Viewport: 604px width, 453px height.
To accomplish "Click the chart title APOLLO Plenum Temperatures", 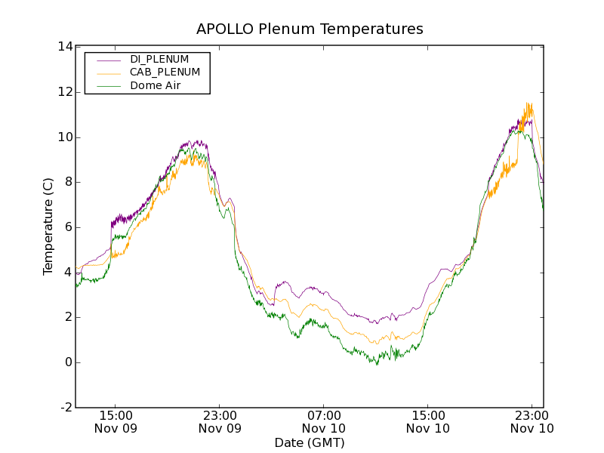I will tap(310, 29).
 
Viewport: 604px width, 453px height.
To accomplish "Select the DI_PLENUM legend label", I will tap(159, 59).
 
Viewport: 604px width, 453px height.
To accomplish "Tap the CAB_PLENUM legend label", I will tap(165, 72).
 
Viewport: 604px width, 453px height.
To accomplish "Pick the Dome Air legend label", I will tap(156, 86).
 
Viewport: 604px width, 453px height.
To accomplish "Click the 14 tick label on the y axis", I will tap(65, 47).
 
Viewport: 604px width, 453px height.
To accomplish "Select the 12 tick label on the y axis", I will tap(65, 92).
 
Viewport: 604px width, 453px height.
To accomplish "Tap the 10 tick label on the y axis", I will tap(65, 137).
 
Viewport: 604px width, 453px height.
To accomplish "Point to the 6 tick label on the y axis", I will tap(68, 227).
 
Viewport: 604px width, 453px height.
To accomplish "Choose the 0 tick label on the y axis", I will tap(68, 362).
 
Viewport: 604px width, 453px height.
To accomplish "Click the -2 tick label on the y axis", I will tap(66, 408).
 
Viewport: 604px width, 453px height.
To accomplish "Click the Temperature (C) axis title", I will tap(48, 226).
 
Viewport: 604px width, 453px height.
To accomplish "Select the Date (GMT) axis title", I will tap(310, 443).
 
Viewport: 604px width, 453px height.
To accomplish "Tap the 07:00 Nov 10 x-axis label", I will tap(324, 421).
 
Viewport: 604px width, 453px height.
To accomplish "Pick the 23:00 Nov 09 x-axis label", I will tap(220, 421).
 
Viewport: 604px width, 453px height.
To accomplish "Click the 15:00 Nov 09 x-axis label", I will tap(116, 421).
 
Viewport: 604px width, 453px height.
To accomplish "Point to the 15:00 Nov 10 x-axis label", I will tap(428, 421).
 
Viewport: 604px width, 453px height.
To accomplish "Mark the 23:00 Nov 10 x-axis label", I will tap(532, 421).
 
